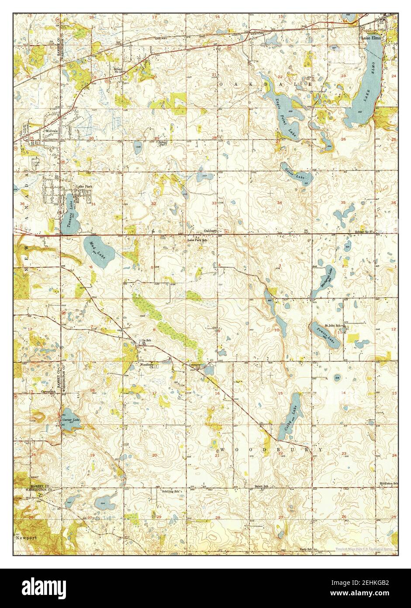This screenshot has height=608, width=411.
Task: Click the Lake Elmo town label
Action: coord(370,38)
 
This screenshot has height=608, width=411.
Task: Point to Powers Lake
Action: coord(325,335)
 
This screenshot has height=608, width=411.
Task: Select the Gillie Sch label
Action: coord(145,340)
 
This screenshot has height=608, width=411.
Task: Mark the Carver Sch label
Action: coord(48,391)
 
